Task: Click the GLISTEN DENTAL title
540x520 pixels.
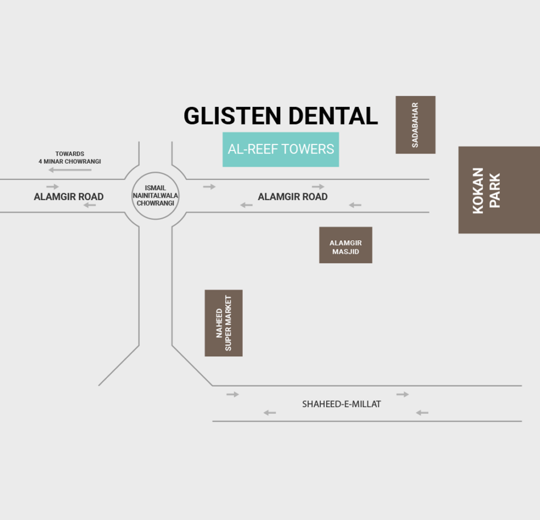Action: pos(281,116)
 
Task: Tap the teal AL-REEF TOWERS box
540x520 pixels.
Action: pos(281,149)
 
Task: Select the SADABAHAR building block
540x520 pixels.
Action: pos(416,125)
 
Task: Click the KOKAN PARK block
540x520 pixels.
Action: pos(499,190)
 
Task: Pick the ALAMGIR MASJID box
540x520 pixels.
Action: pos(345,245)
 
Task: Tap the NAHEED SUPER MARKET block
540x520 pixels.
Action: pos(224,323)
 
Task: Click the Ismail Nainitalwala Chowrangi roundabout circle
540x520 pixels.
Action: pos(156,195)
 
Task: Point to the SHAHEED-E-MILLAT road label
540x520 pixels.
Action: pos(341,404)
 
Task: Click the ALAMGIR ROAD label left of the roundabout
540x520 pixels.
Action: pos(69,197)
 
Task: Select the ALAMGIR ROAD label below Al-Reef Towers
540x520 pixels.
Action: pos(293,197)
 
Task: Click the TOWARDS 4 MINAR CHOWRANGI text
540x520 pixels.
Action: pos(70,158)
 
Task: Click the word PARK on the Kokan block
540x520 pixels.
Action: pos(495,190)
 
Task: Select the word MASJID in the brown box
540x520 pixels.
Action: pos(345,252)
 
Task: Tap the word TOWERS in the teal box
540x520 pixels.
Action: pos(310,149)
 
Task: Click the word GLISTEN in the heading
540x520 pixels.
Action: pos(232,116)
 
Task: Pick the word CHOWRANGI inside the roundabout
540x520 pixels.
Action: pos(156,203)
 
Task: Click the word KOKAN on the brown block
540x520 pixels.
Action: pos(478,190)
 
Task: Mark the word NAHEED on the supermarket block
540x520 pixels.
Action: pos(219,323)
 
